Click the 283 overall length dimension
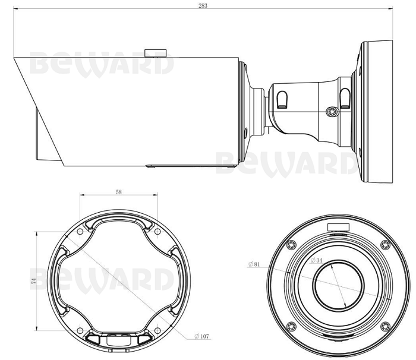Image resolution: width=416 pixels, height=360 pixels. click(x=203, y=5)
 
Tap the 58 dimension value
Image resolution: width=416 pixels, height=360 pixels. click(x=119, y=192)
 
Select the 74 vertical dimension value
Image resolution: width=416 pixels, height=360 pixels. click(x=33, y=281)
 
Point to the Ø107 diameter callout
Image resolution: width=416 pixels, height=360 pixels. click(x=201, y=336)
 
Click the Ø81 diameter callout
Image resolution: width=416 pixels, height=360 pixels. click(x=254, y=264)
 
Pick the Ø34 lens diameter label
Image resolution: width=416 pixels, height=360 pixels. click(x=317, y=260)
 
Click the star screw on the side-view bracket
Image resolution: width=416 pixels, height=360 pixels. click(x=332, y=112)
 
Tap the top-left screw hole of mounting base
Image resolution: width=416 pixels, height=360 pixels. click(x=80, y=232)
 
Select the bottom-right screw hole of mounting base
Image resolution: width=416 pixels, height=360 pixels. click(x=157, y=330)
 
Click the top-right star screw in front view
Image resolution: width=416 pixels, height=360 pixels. click(x=385, y=245)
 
